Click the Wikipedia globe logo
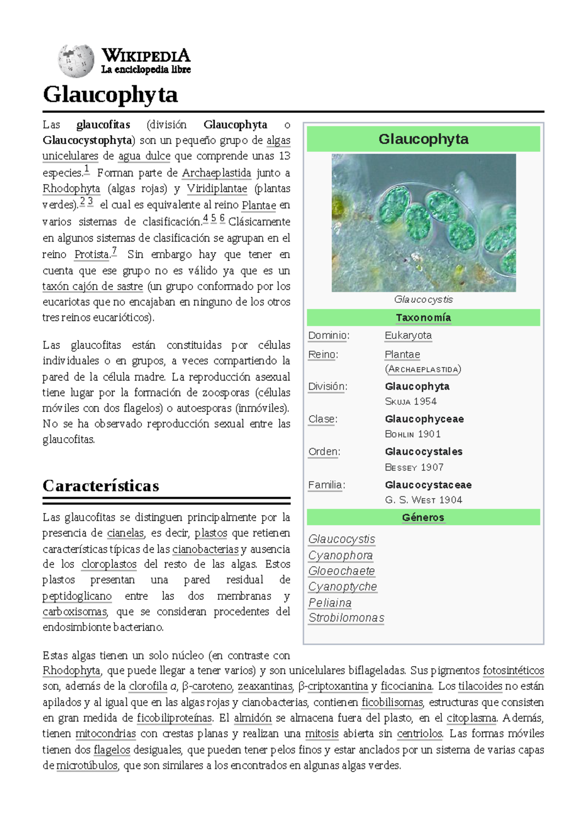(75, 61)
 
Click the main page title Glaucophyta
(110, 94)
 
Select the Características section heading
(101, 486)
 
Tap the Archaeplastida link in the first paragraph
(216, 173)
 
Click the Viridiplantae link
(217, 189)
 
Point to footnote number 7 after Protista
(114, 251)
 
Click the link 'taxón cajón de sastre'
(92, 287)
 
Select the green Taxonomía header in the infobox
(423, 317)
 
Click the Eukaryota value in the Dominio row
(408, 336)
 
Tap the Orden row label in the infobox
(324, 452)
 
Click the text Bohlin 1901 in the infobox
(413, 434)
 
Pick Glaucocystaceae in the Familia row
(428, 485)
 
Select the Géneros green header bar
(423, 517)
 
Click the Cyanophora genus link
(340, 556)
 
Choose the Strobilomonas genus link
(346, 618)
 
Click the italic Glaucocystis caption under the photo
(423, 299)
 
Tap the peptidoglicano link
(77, 596)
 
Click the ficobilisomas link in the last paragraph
(392, 703)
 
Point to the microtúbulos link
(87, 765)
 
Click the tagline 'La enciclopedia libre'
(146, 70)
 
